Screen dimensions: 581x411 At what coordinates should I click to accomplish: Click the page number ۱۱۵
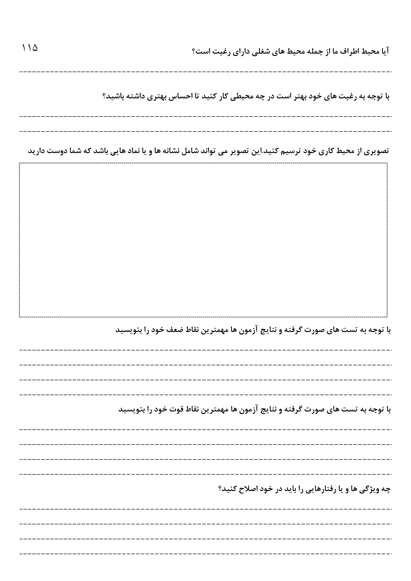(30, 48)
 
